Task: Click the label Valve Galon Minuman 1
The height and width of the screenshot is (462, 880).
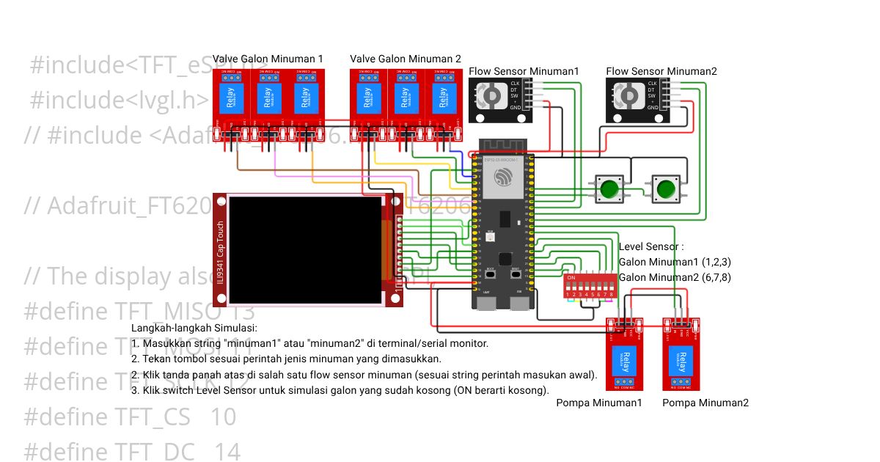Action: [x=268, y=59]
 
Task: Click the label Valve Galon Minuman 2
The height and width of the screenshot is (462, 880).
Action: [x=406, y=59]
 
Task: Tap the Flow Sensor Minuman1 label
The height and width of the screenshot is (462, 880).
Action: [x=524, y=71]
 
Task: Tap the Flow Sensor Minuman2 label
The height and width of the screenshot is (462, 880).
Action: [x=661, y=71]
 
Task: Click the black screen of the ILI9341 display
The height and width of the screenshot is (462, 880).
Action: [x=306, y=249]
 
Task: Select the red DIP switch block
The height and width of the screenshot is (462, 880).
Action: [x=590, y=286]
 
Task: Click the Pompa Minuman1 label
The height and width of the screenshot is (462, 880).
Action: [x=599, y=403]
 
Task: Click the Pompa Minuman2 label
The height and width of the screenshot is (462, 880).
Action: [x=705, y=403]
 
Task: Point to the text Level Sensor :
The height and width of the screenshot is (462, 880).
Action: [x=651, y=247]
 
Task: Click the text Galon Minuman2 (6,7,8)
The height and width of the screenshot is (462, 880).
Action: [x=675, y=277]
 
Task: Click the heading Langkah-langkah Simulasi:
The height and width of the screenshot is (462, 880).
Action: [x=194, y=328]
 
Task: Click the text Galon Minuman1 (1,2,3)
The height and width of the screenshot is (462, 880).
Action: [x=675, y=262]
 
